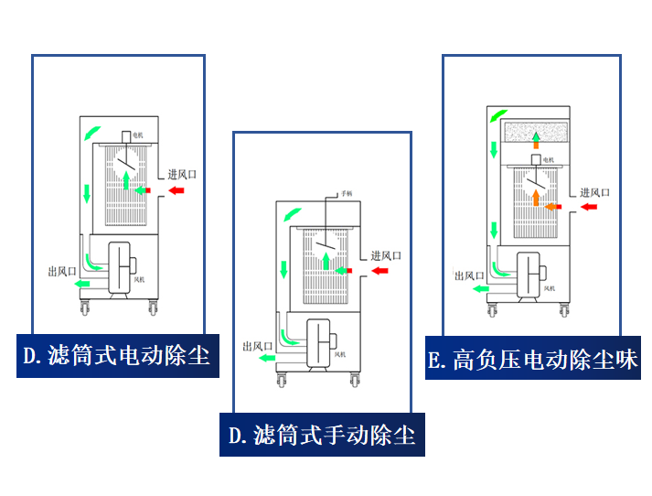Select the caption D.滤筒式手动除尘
pyautogui.click(x=322, y=434)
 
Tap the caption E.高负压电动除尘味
pyautogui.click(x=532, y=359)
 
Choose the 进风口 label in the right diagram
pyautogui.click(x=595, y=192)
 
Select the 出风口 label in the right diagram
pyautogui.click(x=469, y=275)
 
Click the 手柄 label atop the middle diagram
pyautogui.click(x=347, y=194)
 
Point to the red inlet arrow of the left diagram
pyautogui.click(x=176, y=190)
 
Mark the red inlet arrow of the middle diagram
pyautogui.click(x=379, y=271)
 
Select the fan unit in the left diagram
pyautogui.click(x=122, y=266)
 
